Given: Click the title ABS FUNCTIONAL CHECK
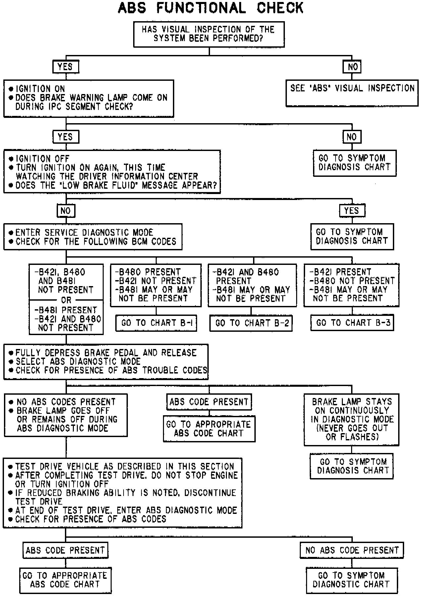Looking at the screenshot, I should click(x=211, y=8).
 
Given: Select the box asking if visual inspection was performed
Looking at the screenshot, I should click(x=209, y=34).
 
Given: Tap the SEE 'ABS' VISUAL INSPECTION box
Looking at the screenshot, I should click(x=352, y=93).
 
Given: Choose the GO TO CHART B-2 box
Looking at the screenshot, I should click(x=251, y=323).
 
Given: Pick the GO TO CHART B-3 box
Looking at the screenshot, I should click(x=352, y=323).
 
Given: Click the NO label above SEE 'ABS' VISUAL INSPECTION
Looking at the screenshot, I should click(x=352, y=67).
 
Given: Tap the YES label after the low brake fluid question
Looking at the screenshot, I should click(x=352, y=211).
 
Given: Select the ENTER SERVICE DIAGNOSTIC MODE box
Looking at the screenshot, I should click(x=93, y=237).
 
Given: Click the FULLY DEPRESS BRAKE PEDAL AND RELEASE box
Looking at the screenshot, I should click(x=106, y=362).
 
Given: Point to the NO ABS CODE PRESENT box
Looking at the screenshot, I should click(x=352, y=550).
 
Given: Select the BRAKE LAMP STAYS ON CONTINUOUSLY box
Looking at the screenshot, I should click(x=351, y=419).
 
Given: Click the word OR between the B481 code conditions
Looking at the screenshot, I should click(x=66, y=300).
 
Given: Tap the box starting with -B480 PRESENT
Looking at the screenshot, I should click(x=156, y=285).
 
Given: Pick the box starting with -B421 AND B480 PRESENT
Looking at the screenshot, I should click(x=252, y=285).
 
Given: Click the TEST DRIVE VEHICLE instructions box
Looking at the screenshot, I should click(x=123, y=493).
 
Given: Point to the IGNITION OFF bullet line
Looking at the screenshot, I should click(x=43, y=159).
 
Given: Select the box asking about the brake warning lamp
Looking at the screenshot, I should click(x=89, y=98).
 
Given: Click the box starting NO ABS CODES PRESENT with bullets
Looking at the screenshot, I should click(x=66, y=415).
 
